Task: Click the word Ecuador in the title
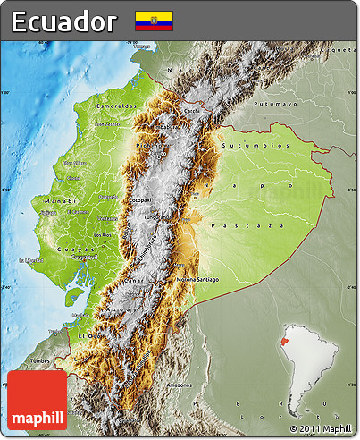coord(63,21)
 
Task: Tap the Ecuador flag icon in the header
coord(154,21)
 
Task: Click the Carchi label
coord(191,111)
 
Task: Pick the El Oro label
coord(85,334)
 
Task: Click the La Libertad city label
coord(30,260)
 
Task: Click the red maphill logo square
coord(38,401)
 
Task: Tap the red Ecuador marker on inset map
coord(285,341)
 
